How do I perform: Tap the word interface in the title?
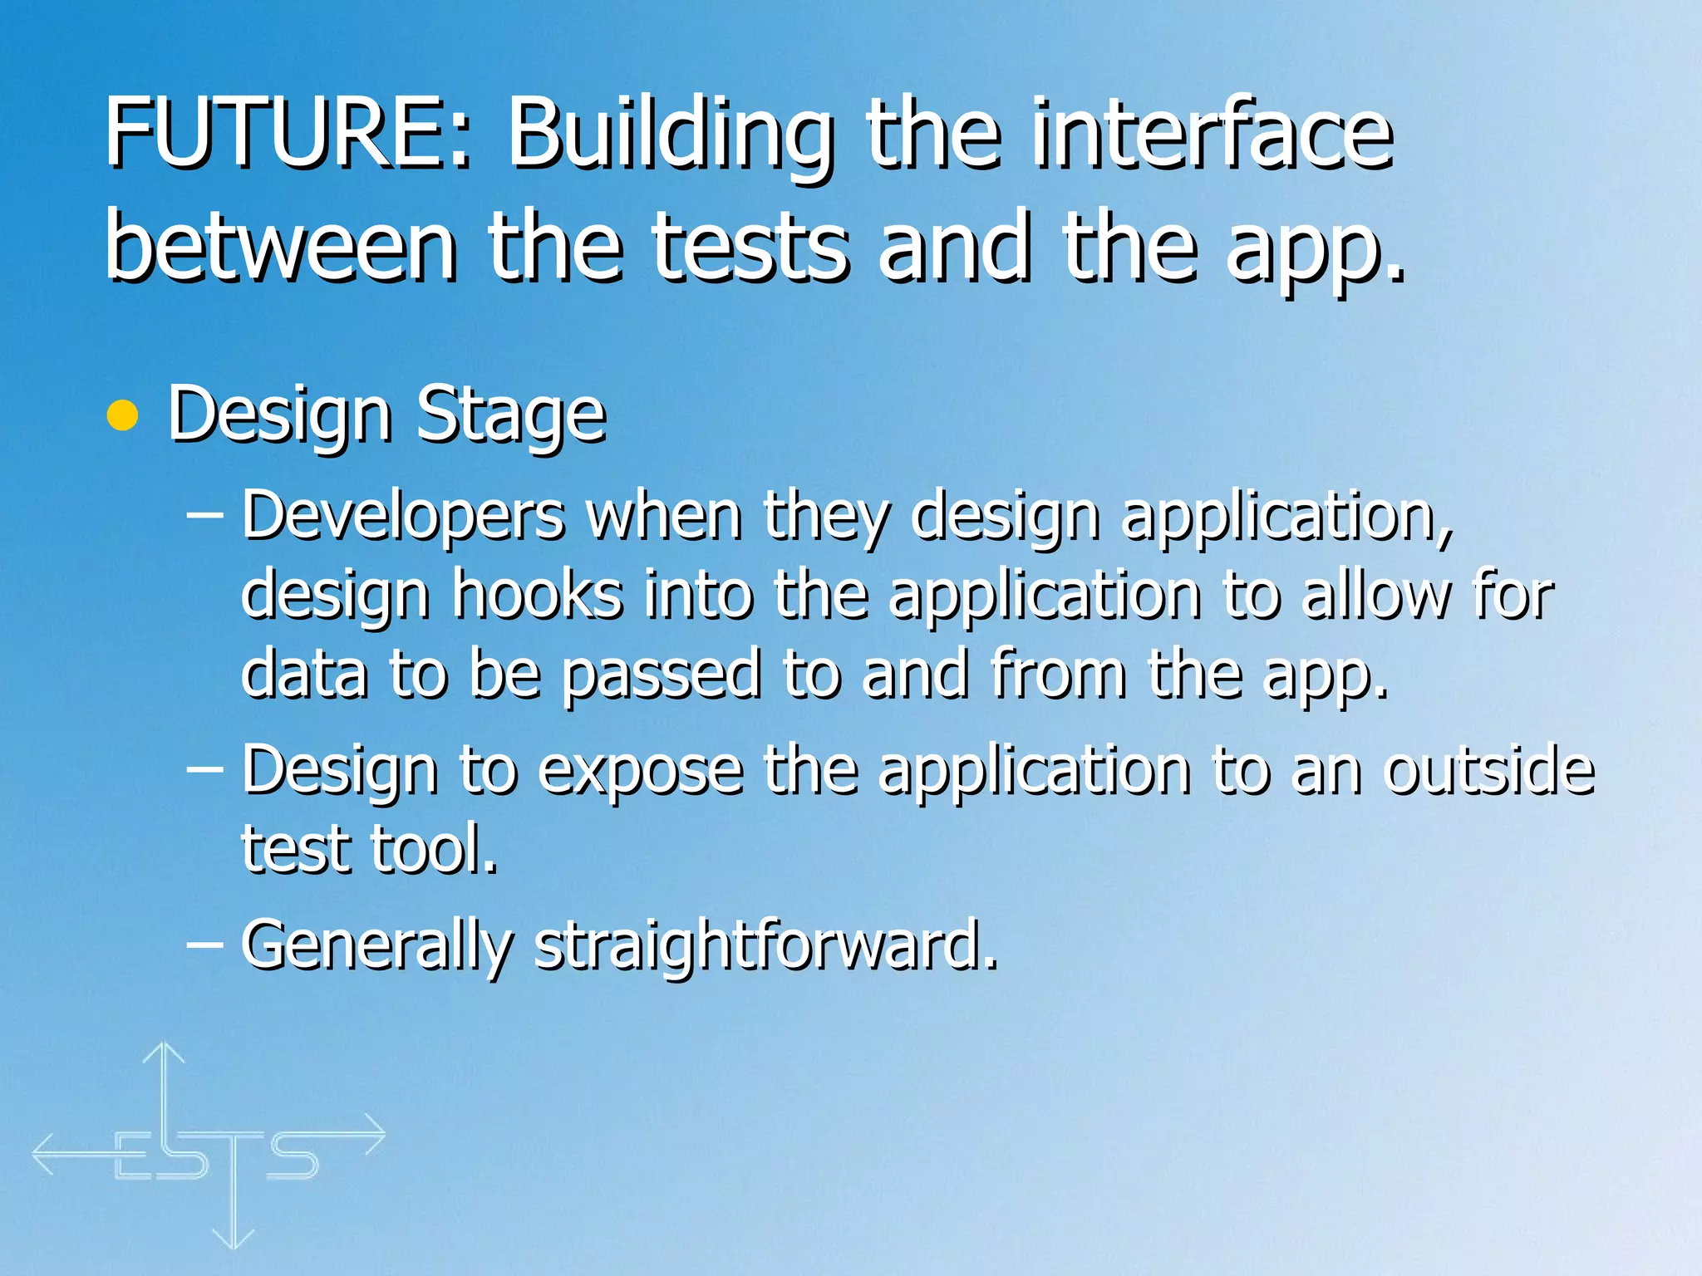point(1213,133)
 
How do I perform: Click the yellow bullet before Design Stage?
point(123,415)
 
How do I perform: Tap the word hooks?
point(537,595)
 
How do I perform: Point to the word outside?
point(1488,769)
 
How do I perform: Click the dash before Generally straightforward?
point(204,944)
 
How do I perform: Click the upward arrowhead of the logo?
point(164,1053)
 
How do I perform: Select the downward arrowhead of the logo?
point(234,1238)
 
